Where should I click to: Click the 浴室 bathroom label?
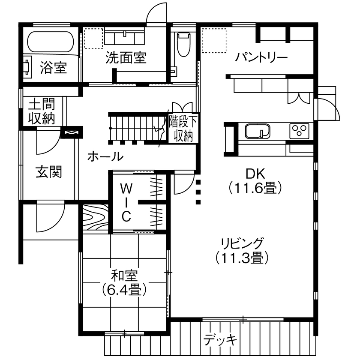pos(53,67)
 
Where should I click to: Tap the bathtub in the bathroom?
pos(52,42)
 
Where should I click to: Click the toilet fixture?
pos(183,44)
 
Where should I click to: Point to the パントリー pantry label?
pos(261,57)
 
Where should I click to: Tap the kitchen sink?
pos(257,131)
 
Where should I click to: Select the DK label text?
pos(255,174)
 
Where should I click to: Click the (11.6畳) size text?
pos(255,187)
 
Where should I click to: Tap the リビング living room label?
pos(242,243)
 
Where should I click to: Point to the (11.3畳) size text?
pos(242,257)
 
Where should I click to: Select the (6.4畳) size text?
pos(123,289)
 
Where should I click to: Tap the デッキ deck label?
pos(220,340)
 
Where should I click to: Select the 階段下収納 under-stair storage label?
pos(183,128)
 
